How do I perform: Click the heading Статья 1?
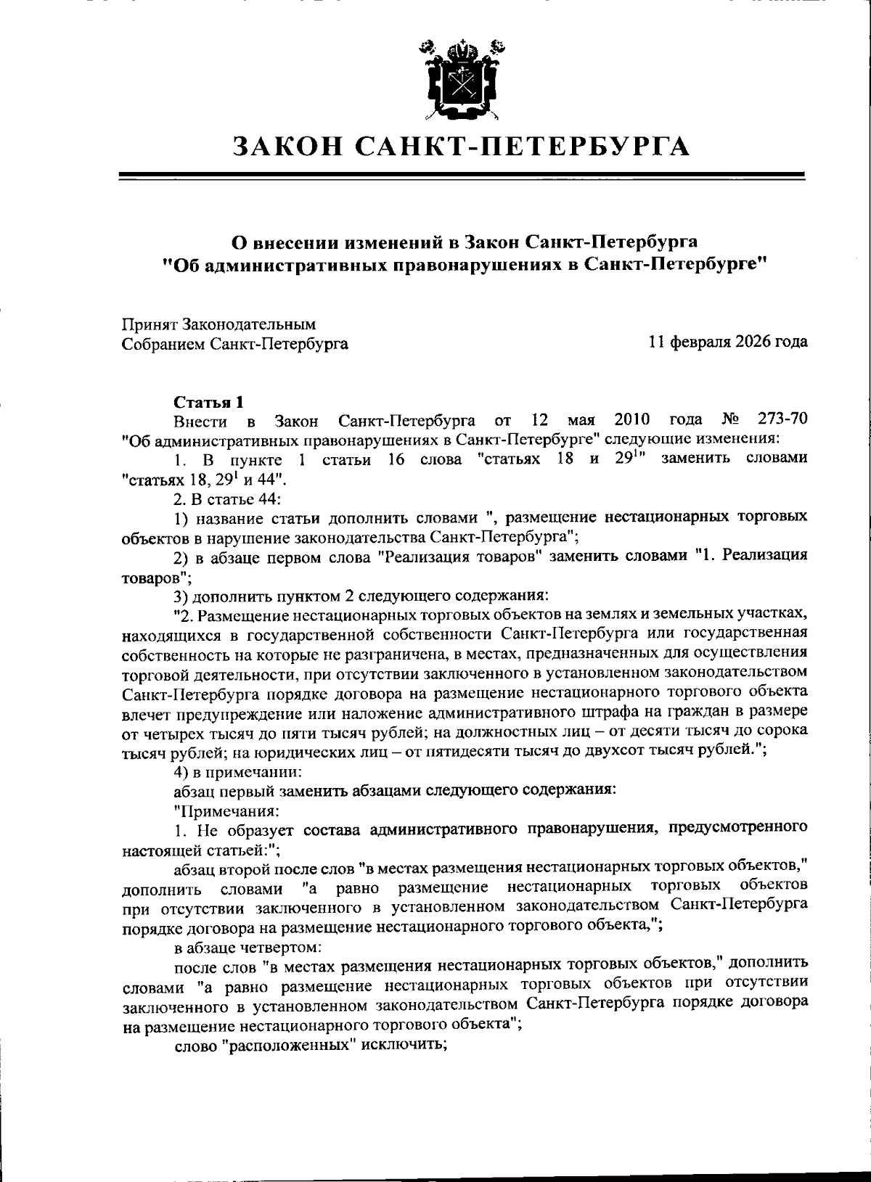pyautogui.click(x=208, y=402)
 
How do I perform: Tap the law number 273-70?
pyautogui.click(x=781, y=420)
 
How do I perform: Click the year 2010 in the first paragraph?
pyautogui.click(x=631, y=420)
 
